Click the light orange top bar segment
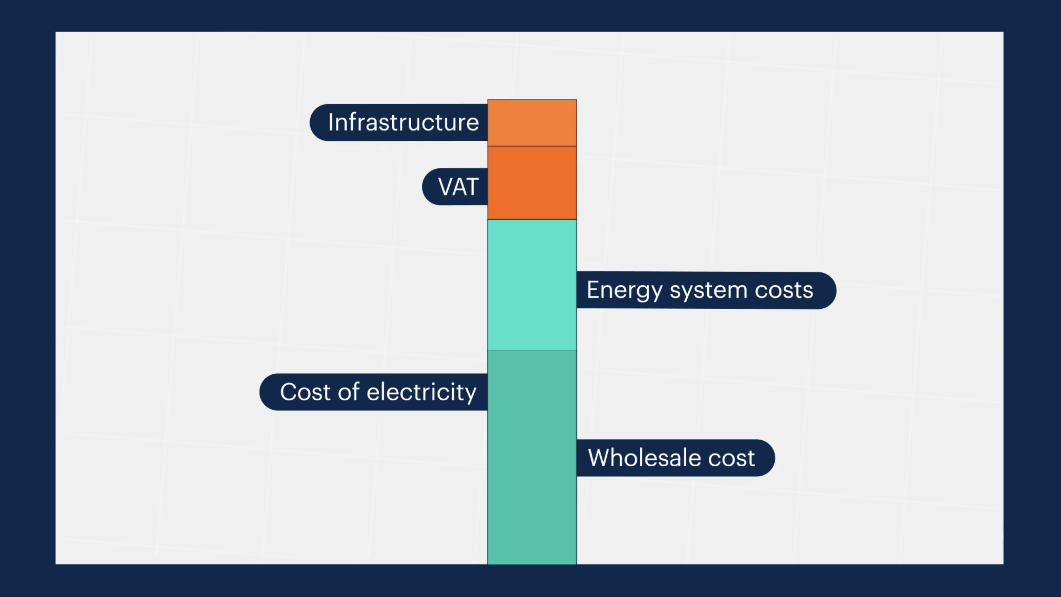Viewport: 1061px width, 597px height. pos(532,123)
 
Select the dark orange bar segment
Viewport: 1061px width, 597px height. pos(532,183)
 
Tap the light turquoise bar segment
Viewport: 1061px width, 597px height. pos(532,285)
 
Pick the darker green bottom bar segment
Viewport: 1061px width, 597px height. pos(532,458)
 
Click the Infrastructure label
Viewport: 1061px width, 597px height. pos(399,123)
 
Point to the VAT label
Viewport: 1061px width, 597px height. pos(455,187)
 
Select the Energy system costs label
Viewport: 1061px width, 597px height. pos(706,290)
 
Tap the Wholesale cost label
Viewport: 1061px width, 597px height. pos(675,458)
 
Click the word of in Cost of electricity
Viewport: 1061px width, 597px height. pos(348,391)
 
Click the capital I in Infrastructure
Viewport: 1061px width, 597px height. pos(330,122)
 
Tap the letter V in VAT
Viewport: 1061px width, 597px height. pos(446,187)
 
